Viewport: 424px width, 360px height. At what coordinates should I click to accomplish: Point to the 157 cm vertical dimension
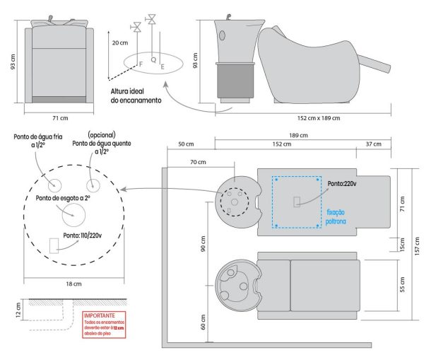416,227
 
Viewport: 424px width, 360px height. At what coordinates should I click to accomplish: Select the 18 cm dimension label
69,282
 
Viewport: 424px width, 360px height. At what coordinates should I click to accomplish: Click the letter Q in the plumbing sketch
154,59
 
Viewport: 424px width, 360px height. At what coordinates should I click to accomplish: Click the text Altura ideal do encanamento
136,96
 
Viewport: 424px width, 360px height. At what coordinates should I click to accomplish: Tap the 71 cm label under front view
59,117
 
